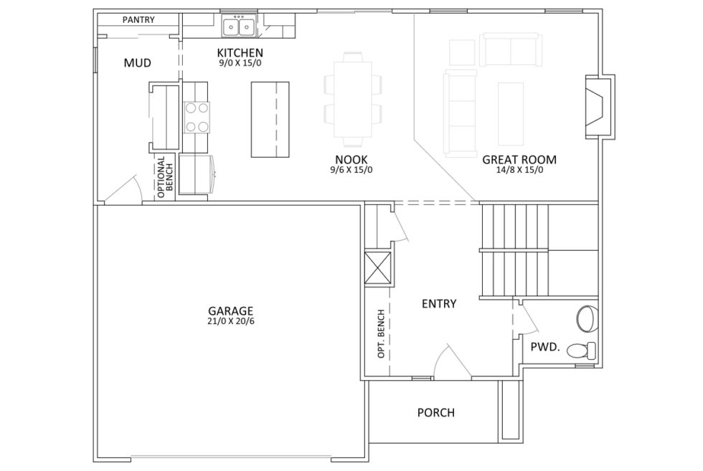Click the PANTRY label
138,20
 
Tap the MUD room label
137,63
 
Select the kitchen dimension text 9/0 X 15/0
240,63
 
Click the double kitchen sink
239,26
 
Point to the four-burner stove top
197,118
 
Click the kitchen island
270,119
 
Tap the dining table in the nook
353,100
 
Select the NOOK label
351,159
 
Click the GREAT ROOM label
519,160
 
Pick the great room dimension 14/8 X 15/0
519,171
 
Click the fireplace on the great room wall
599,107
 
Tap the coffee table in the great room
511,114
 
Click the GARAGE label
230,311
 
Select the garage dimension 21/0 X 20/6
231,321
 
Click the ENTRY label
439,304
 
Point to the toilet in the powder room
582,350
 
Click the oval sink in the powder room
588,318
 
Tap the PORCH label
436,412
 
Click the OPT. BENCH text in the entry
381,333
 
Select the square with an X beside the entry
378,268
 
